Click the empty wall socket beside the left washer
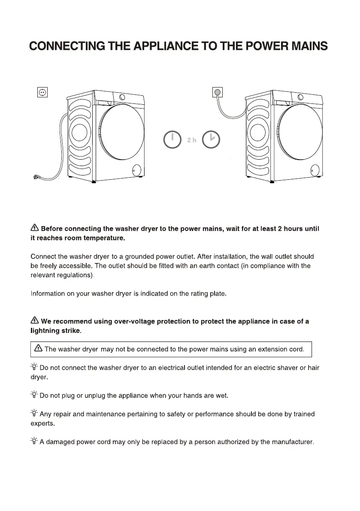point(42,92)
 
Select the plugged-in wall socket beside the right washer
point(218,92)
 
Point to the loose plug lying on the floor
point(36,177)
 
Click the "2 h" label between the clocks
point(192,140)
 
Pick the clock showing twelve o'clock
point(172,140)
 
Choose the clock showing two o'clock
point(211,139)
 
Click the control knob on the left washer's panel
point(122,97)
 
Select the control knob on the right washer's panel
point(300,97)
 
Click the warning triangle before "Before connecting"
point(35,228)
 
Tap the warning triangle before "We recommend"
point(35,321)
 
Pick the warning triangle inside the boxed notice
point(39,348)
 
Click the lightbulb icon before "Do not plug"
point(34,395)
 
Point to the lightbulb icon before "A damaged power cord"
point(34,441)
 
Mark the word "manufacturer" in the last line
point(293,442)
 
